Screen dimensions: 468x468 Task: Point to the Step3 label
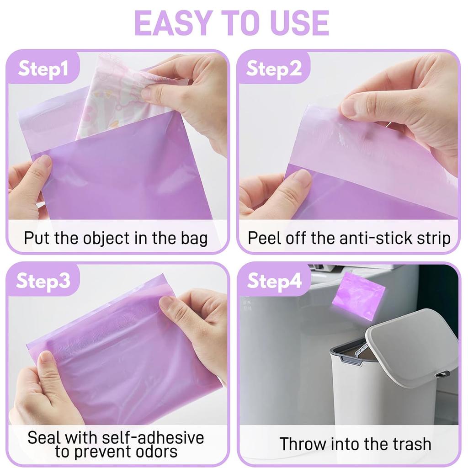43,281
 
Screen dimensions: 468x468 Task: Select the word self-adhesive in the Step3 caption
151,437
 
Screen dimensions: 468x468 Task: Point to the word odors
153,452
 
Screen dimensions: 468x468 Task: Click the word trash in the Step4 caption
409,444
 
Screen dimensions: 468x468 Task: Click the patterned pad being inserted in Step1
110,98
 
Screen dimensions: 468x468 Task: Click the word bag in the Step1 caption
194,238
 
